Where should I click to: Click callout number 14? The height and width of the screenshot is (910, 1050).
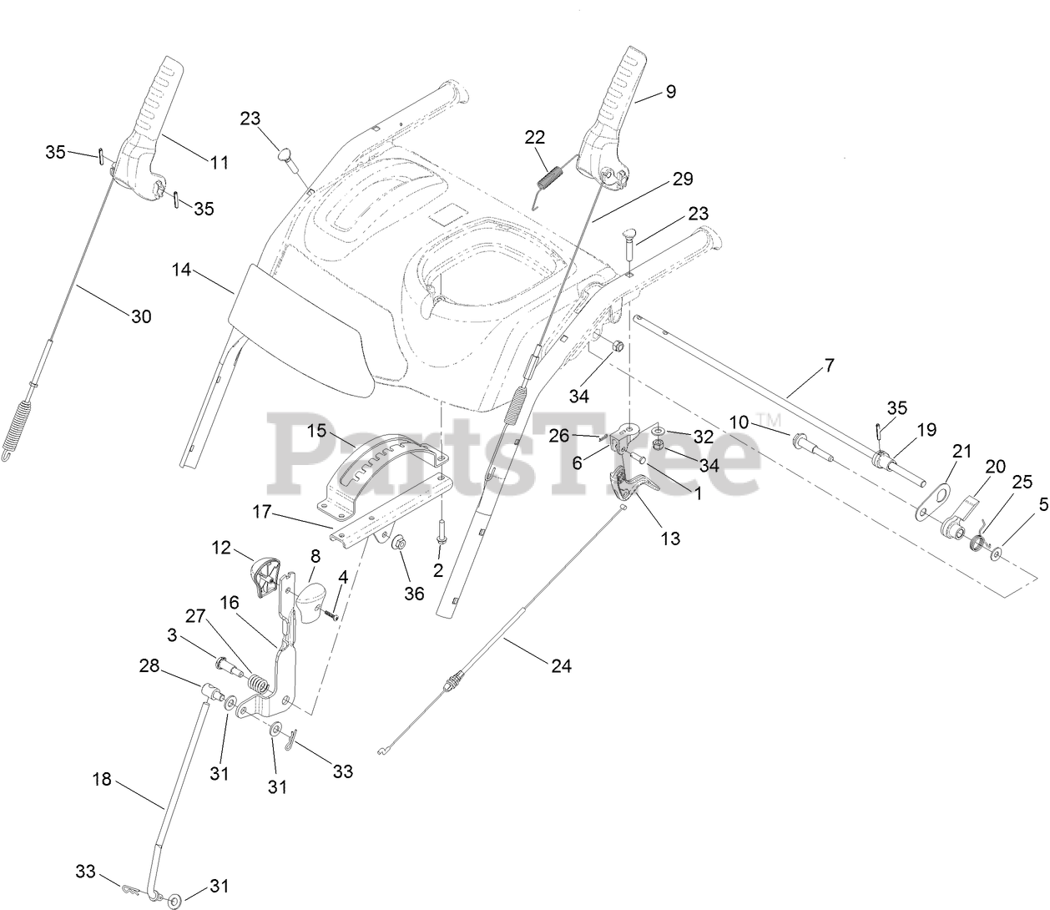coord(182,270)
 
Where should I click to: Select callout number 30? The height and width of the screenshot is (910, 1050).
coord(141,316)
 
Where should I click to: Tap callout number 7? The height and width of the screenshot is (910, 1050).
coord(828,365)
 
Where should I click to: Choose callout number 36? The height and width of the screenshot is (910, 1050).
coord(413,594)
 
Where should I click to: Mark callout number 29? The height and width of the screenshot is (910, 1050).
coord(682,179)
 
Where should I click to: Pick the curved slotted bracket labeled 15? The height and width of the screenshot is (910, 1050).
coord(386,473)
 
